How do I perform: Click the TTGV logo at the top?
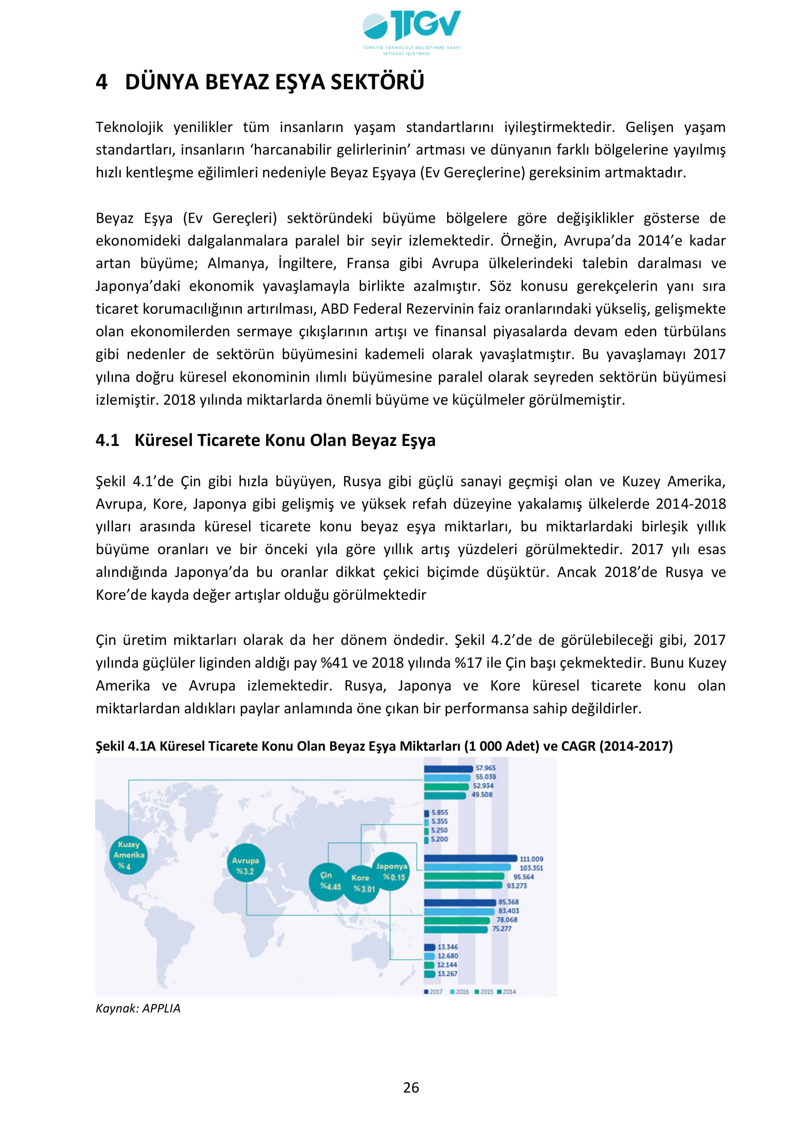click(x=411, y=32)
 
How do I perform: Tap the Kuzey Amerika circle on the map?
click(x=128, y=855)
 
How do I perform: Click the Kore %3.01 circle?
click(x=362, y=883)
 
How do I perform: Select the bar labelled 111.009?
click(x=470, y=859)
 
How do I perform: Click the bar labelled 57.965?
click(x=449, y=769)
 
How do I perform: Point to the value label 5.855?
click(x=439, y=812)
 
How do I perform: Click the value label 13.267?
click(x=448, y=974)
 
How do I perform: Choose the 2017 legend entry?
click(x=434, y=992)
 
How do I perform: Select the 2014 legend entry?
click(x=507, y=992)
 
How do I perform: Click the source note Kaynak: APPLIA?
click(x=138, y=1008)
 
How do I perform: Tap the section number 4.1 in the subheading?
click(x=107, y=440)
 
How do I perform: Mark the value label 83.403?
click(x=508, y=911)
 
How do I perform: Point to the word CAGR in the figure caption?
click(x=579, y=746)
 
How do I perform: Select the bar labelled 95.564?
click(x=464, y=876)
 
